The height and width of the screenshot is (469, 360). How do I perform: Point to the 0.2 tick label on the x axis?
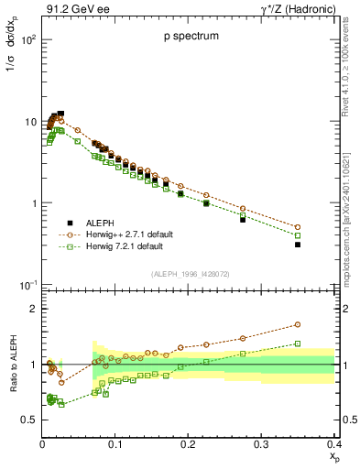[x=188, y=443]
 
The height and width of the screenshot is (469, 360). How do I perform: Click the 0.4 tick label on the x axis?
[x=333, y=443]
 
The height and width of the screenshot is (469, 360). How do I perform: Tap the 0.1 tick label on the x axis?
[x=115, y=443]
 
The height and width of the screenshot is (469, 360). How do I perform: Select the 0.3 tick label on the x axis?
[x=261, y=443]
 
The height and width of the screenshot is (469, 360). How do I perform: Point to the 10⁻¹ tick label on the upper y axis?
[x=27, y=287]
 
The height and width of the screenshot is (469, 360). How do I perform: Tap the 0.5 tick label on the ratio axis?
[x=28, y=420]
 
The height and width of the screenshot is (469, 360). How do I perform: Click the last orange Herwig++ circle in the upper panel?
[x=323, y=227]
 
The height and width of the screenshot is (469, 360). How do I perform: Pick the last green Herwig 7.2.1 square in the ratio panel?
[x=323, y=344]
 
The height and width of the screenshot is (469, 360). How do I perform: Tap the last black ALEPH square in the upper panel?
[x=323, y=245]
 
